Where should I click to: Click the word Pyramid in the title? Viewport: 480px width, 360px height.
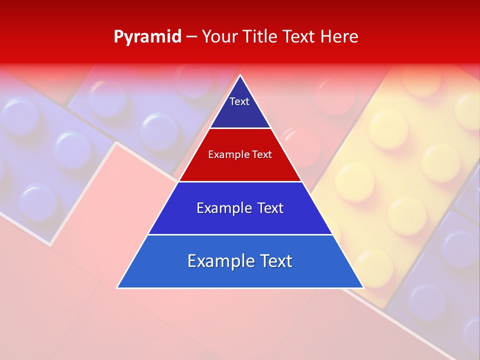click(147, 37)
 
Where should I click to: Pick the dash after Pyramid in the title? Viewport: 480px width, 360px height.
click(191, 37)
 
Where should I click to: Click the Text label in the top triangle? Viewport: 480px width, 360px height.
click(239, 101)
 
